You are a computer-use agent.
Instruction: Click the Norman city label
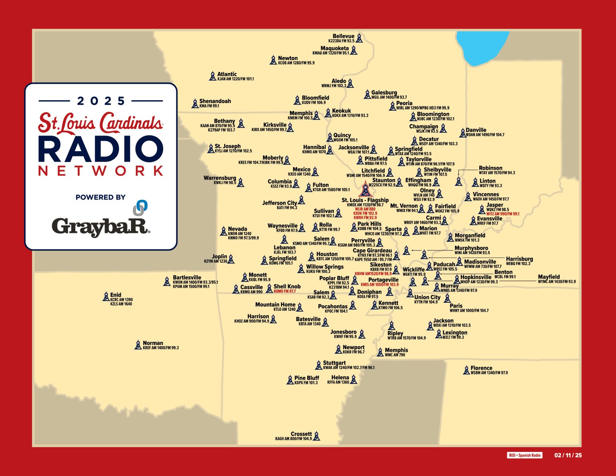coord(153,343)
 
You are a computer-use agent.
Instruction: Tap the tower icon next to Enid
coord(106,296)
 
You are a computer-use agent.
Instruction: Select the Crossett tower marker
coord(316,436)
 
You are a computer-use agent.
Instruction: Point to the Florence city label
coord(481,368)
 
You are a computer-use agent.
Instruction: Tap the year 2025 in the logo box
coord(101,101)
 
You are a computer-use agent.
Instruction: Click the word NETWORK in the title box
coord(101,171)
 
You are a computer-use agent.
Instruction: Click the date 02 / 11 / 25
coord(568,455)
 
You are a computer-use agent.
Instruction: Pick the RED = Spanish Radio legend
coord(525,455)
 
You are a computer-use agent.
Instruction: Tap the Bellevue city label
coord(343,36)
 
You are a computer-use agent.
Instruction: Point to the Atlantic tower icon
coord(213,76)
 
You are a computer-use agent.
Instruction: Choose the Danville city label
coord(476,130)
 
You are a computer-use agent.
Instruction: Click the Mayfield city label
coord(549,277)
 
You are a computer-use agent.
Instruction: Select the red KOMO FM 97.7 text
coord(284,292)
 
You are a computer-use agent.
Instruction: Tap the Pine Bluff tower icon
coord(290,380)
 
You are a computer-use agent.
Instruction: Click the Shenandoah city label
coord(215,101)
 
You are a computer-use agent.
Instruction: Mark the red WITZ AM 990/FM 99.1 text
coord(503,214)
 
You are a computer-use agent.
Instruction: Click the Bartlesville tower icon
coord(167,282)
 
